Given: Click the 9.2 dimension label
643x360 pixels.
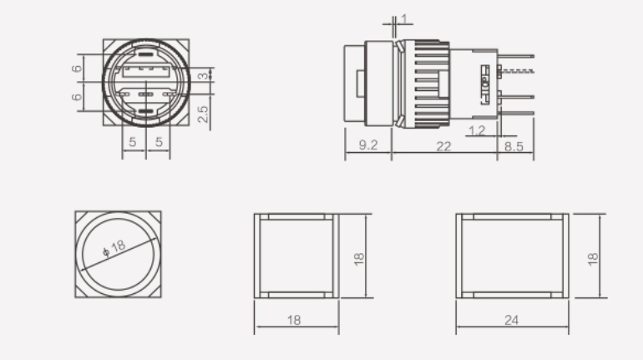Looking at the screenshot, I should click(x=367, y=145).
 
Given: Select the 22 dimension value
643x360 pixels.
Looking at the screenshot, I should click(x=443, y=145).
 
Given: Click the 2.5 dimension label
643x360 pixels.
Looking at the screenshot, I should click(x=203, y=113).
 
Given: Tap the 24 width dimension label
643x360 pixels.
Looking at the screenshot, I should click(x=513, y=320).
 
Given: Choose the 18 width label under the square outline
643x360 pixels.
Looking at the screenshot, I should click(x=296, y=320).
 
